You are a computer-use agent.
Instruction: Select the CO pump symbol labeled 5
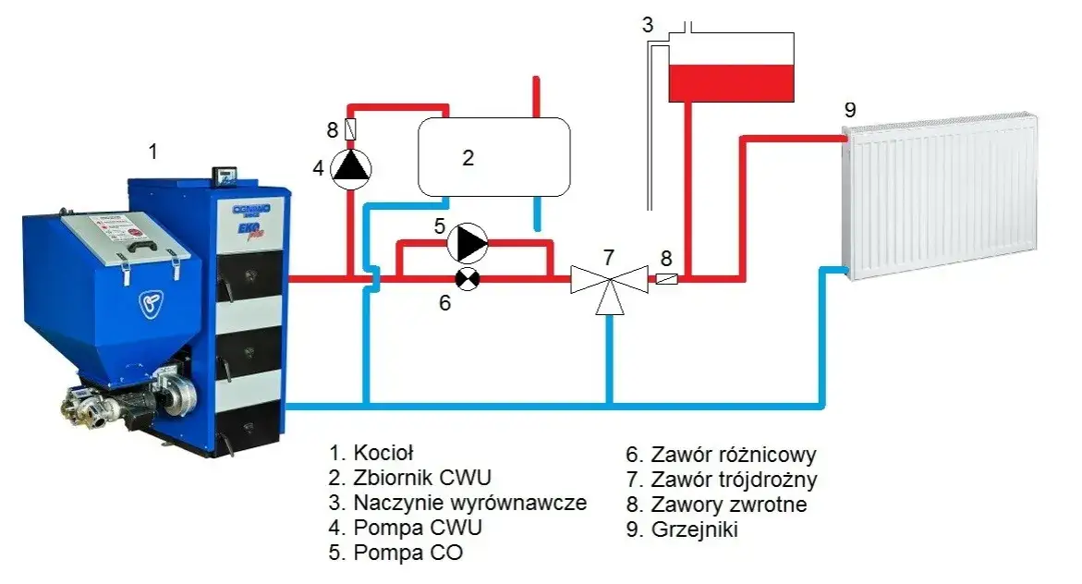(468, 244)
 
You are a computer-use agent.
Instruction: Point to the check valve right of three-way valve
(666, 277)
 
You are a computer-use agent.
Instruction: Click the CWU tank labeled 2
(493, 157)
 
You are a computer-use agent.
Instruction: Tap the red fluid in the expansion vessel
(730, 82)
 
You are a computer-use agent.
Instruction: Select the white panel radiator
(941, 196)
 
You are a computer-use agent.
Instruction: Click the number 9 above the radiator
(850, 109)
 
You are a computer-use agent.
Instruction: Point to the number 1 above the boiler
(153, 151)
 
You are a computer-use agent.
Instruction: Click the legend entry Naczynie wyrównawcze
(458, 504)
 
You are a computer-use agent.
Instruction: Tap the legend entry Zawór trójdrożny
(721, 480)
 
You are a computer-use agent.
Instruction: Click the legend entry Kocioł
(371, 453)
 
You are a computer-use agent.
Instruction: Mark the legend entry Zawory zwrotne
(716, 505)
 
